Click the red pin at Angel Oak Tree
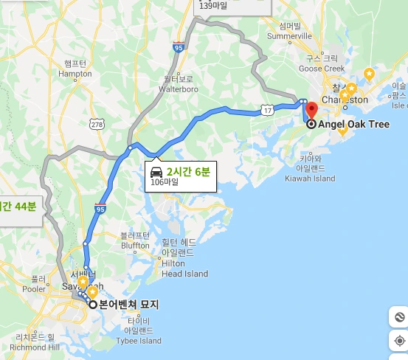pyautogui.click(x=311, y=110)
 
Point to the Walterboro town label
pyautogui.click(x=179, y=83)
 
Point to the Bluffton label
pyautogui.click(x=134, y=240)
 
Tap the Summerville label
pyautogui.click(x=290, y=31)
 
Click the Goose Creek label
pyautogui.click(x=322, y=63)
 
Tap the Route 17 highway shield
pyautogui.click(x=268, y=110)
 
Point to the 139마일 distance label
pyautogui.click(x=213, y=6)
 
